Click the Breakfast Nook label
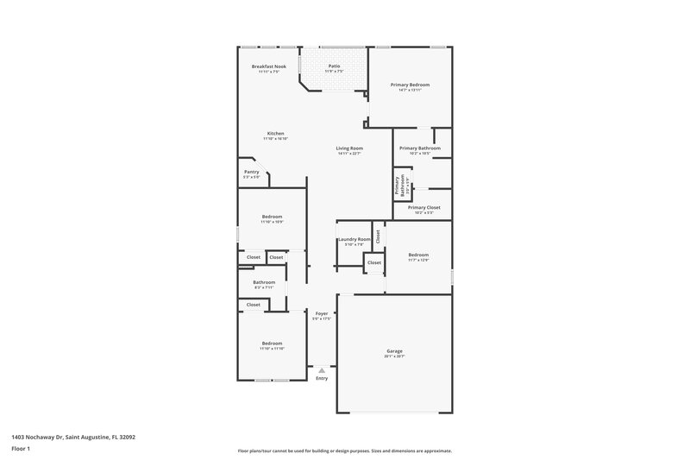pos(269,66)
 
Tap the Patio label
pos(334,66)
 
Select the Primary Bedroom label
pos(410,85)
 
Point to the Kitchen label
pos(275,134)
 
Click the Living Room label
pos(349,148)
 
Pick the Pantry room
pos(251,173)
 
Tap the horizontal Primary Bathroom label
pos(419,148)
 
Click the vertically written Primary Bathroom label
pos(398,186)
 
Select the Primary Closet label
pos(423,207)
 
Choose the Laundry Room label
pos(354,239)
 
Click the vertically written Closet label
pos(378,235)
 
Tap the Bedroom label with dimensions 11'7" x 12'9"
pos(418,255)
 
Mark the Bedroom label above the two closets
pos(272,217)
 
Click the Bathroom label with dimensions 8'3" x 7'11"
pos(264,282)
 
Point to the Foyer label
pos(322,313)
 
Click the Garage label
pos(394,350)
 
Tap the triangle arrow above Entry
pos(322,369)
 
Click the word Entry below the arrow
pos(322,378)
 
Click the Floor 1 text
pos(22,449)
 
